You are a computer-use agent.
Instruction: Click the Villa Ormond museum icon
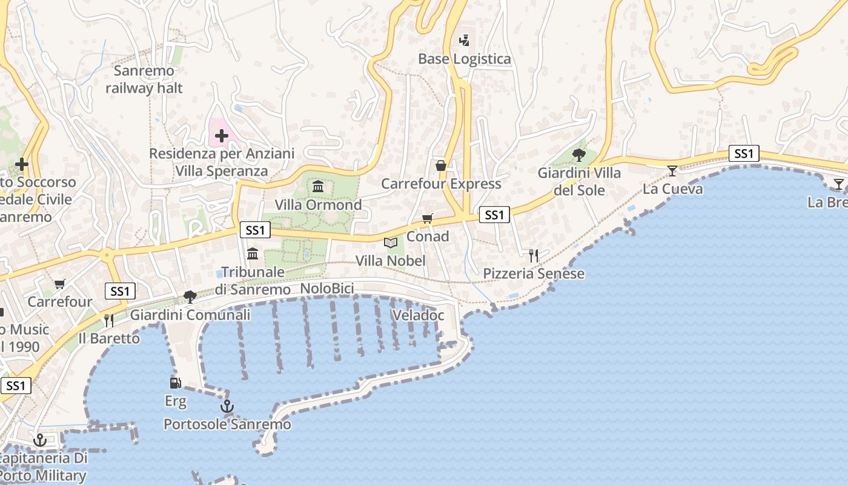[x=318, y=186]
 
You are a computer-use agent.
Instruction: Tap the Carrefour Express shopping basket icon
[x=441, y=166]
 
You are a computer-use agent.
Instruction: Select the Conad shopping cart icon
[x=428, y=219]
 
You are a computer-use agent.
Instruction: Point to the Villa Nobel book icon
[x=391, y=243]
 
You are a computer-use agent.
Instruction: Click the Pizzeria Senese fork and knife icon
[x=533, y=256]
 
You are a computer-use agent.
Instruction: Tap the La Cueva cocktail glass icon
[x=672, y=171]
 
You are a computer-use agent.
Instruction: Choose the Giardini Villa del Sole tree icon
[x=579, y=155]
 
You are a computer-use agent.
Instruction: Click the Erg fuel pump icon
[x=175, y=383]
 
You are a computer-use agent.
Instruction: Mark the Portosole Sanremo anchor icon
[x=227, y=406]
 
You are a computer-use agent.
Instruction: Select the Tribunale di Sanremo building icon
[x=253, y=253]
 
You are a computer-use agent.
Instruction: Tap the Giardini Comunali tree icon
[x=190, y=296]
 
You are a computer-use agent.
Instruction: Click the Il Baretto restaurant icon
[x=109, y=320]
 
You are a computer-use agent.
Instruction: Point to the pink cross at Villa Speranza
[x=221, y=136]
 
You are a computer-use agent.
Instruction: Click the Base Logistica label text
[x=465, y=59]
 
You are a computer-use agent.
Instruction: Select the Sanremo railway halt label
[x=144, y=79]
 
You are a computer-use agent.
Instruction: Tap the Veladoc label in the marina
[x=419, y=315]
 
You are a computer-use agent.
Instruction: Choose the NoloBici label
[x=327, y=289]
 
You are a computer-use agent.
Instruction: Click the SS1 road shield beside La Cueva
[x=744, y=154]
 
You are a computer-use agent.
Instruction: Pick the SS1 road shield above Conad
[x=494, y=215]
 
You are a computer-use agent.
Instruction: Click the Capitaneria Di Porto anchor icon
[x=40, y=440]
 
